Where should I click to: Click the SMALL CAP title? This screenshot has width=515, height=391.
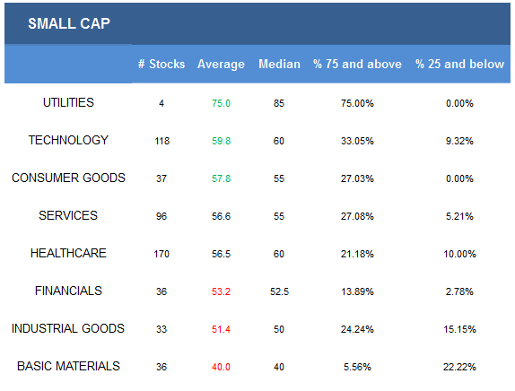[69, 23]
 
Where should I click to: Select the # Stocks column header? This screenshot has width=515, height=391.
[161, 64]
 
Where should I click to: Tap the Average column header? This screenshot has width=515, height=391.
[221, 65]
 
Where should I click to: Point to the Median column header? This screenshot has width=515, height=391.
[279, 64]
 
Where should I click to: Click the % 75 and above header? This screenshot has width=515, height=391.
[357, 64]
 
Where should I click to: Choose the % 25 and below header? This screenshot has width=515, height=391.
[459, 64]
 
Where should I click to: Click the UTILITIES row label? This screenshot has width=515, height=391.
[68, 102]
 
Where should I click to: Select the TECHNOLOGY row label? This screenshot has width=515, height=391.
[68, 140]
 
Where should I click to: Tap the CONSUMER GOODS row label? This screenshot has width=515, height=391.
[68, 178]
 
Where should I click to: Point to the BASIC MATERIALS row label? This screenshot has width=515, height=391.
[68, 366]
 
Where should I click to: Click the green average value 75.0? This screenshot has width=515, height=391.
[221, 103]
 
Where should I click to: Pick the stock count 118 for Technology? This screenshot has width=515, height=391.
[161, 141]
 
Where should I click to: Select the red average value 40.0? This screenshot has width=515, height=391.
[221, 367]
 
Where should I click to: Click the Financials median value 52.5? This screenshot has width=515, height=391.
[279, 291]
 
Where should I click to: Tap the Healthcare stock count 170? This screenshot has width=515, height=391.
[161, 254]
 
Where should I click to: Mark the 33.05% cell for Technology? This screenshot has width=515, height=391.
[357, 141]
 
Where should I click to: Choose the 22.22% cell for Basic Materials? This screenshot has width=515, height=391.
[459, 367]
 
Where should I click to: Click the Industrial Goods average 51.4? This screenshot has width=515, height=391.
[221, 329]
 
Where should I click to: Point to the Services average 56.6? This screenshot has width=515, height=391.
[221, 216]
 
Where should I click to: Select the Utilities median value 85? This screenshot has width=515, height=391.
[279, 103]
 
